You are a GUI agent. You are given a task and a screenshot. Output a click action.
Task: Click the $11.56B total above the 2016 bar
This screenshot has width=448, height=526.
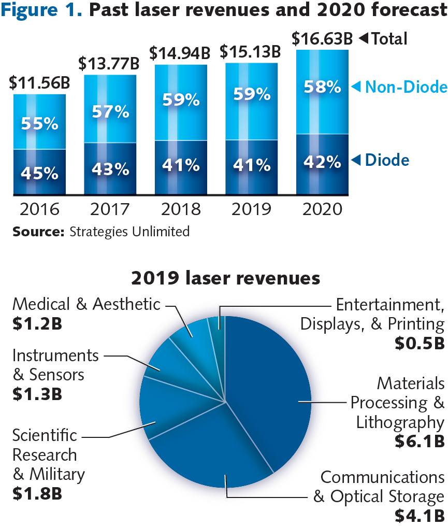pos(40,82)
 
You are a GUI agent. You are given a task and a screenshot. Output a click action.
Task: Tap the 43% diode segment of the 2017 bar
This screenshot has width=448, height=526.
pos(110,169)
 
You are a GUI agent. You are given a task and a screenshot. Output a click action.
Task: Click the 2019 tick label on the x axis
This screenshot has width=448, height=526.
pos(252,209)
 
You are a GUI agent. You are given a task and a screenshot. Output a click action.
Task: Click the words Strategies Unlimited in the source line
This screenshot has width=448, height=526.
pos(129,231)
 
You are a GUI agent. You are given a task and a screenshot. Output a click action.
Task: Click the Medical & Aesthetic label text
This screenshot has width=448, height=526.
pos(86,304)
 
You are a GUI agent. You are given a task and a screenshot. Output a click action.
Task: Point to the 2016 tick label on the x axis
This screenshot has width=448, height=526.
pos(39,209)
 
